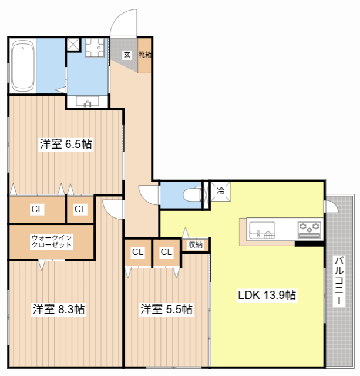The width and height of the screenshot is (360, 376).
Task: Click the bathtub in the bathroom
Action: tap(22, 65)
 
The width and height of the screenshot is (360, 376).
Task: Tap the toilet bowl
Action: tap(192, 194)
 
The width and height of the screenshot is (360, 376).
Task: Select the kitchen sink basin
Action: tap(262, 230)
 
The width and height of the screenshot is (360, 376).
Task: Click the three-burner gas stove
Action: tap(309, 230)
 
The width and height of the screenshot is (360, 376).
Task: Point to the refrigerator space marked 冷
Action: tap(220, 191)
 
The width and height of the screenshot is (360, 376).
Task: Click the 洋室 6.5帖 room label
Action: tap(66, 144)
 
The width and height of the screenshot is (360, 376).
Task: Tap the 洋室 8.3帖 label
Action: tap(59, 309)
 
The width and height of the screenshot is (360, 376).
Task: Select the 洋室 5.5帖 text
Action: tap(166, 309)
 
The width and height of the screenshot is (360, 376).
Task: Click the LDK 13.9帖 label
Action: tap(267, 295)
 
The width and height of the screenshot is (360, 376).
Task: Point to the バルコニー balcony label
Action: tap(339, 281)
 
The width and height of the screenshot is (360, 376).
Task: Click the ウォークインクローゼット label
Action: tap(52, 241)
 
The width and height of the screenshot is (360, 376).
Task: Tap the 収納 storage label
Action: tap(196, 244)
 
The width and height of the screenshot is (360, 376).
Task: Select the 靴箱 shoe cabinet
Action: tap(144, 55)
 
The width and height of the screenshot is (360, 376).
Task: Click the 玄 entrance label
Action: tap(127, 55)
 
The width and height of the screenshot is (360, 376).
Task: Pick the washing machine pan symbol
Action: tap(95, 48)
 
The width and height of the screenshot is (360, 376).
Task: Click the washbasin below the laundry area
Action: tap(88, 102)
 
